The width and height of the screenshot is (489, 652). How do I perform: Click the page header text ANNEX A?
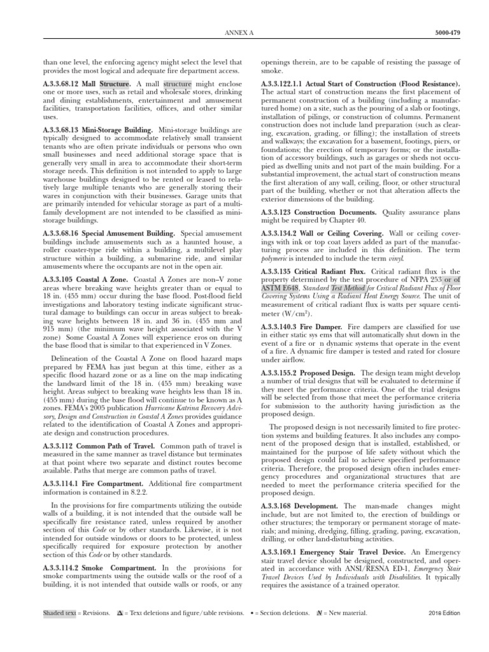(x=244, y=32)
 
